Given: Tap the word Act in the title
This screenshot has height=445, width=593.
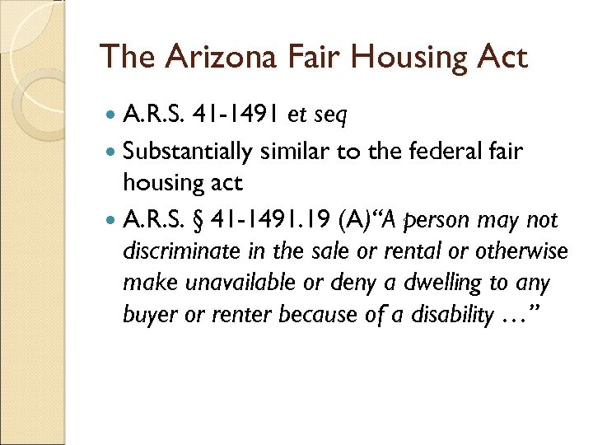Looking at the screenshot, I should (499, 57).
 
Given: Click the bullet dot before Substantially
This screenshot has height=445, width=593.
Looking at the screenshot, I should (110, 152).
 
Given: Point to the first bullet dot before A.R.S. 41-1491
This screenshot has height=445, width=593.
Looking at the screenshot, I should (110, 117).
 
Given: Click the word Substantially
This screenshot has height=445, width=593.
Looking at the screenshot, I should (189, 152).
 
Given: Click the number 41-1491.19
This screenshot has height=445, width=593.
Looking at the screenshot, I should (275, 221).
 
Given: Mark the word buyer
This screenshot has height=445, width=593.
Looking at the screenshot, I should (144, 314).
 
